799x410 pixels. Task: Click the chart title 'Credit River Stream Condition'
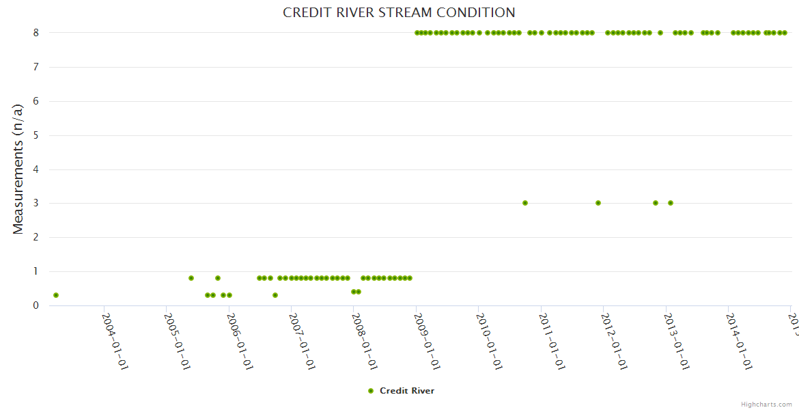(x=399, y=12)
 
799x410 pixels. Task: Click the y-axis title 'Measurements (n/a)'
(x=18, y=169)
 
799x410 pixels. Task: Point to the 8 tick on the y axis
(x=36, y=33)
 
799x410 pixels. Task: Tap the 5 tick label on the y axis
(x=36, y=135)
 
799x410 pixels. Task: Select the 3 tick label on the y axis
(x=36, y=203)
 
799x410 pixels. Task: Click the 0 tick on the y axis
(x=36, y=305)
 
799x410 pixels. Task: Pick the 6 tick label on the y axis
(x=36, y=101)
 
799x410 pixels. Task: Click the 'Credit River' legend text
(x=407, y=391)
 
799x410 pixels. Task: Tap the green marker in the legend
(x=371, y=391)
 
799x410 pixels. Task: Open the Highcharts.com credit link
(x=766, y=405)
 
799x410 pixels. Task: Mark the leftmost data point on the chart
(x=56, y=295)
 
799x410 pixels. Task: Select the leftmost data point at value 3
(x=524, y=203)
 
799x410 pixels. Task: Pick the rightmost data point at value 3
(x=671, y=203)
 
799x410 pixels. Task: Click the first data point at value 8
(x=417, y=33)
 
